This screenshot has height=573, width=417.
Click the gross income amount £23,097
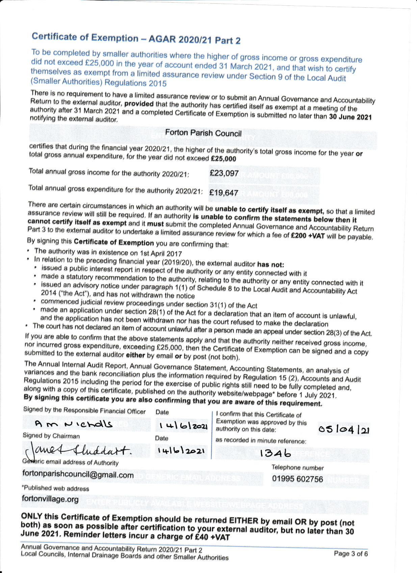tap(224, 174)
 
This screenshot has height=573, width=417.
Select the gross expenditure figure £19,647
tap(224, 193)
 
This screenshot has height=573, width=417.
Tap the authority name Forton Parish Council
tap(203, 133)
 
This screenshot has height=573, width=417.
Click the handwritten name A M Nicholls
tap(74, 424)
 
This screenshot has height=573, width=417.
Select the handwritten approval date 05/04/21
tap(344, 430)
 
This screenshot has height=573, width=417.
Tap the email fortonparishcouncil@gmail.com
tap(78, 474)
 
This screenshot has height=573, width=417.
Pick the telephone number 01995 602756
tap(297, 479)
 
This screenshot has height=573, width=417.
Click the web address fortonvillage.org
tap(50, 499)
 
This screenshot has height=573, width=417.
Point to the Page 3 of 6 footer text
tap(350, 553)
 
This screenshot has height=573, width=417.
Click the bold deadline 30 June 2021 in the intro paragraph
tap(350, 117)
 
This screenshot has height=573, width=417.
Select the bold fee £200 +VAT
tap(307, 236)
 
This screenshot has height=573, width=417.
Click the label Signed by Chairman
tap(51, 436)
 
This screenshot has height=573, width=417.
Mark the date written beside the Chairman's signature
tap(182, 451)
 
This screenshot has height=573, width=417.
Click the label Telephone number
tap(297, 468)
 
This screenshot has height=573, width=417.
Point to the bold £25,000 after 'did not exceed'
tap(223, 158)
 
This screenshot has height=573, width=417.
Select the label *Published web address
tap(55, 488)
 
